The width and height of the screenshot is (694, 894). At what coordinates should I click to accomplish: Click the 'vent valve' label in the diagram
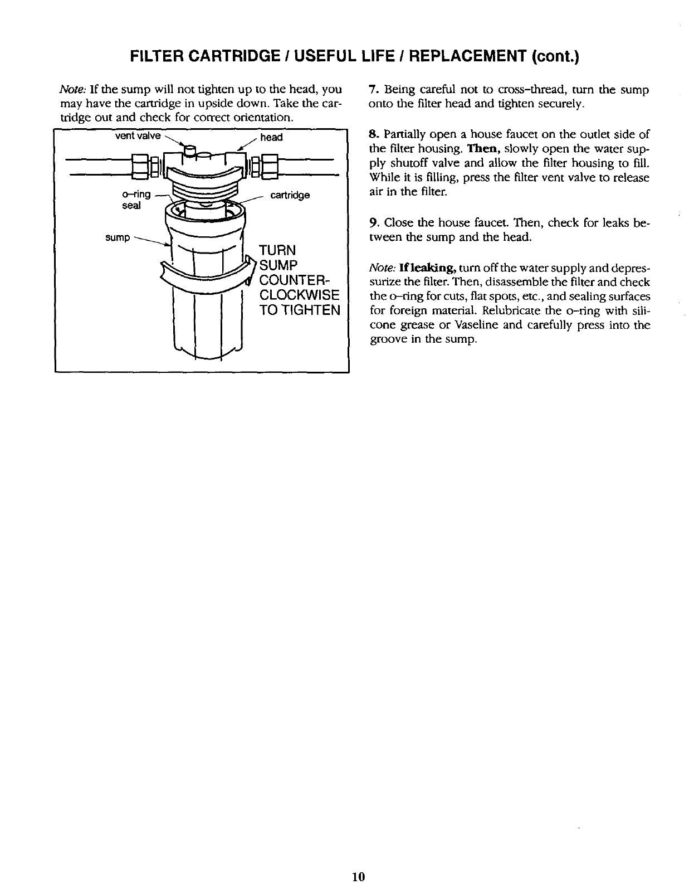click(x=138, y=136)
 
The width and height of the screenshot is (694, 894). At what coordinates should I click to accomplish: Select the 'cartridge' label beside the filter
click(x=290, y=196)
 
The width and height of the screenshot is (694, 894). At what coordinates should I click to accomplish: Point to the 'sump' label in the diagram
click(x=118, y=238)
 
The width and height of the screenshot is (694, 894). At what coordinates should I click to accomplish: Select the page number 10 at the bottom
click(x=358, y=877)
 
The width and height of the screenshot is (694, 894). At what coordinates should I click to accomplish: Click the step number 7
click(x=373, y=90)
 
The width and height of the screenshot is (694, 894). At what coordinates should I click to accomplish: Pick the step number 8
click(x=373, y=134)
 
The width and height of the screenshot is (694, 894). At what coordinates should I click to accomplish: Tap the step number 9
click(x=373, y=223)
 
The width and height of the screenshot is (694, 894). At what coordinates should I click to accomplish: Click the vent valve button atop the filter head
click(x=190, y=150)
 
